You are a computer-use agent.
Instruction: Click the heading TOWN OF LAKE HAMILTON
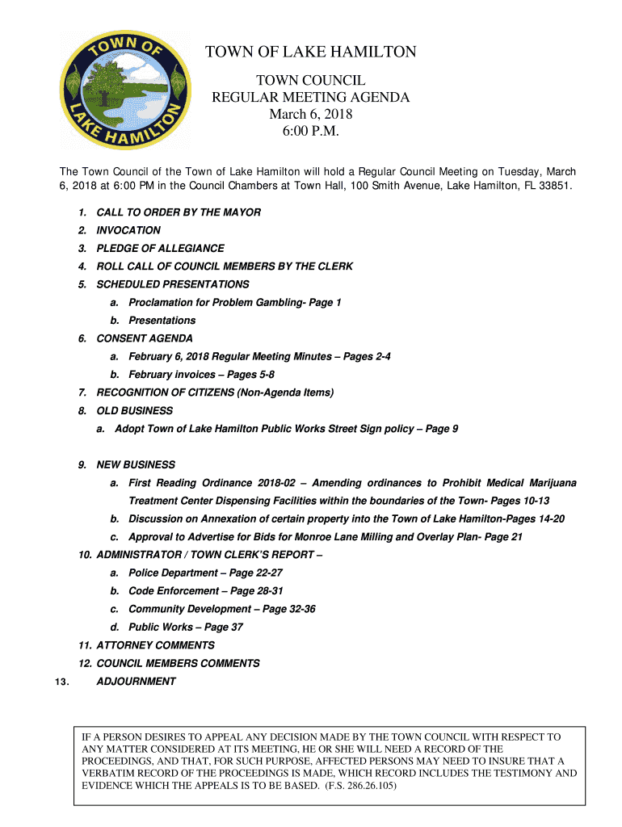pyautogui.click(x=311, y=53)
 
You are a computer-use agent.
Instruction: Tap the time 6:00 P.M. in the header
pyautogui.click(x=311, y=132)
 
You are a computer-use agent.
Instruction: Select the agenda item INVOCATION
pyautogui.click(x=128, y=230)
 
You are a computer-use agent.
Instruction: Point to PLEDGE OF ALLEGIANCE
pyautogui.click(x=160, y=249)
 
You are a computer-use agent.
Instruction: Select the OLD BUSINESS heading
pyautogui.click(x=134, y=411)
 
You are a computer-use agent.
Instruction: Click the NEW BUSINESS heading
pyautogui.click(x=136, y=465)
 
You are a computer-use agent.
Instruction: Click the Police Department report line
pyautogui.click(x=205, y=573)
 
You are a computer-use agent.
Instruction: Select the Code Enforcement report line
pyautogui.click(x=205, y=591)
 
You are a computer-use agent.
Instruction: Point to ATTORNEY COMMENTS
pyautogui.click(x=155, y=645)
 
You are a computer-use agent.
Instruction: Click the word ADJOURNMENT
pyautogui.click(x=136, y=681)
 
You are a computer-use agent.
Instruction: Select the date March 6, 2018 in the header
pyautogui.click(x=311, y=115)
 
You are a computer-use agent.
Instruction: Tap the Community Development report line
pyautogui.click(x=221, y=609)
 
